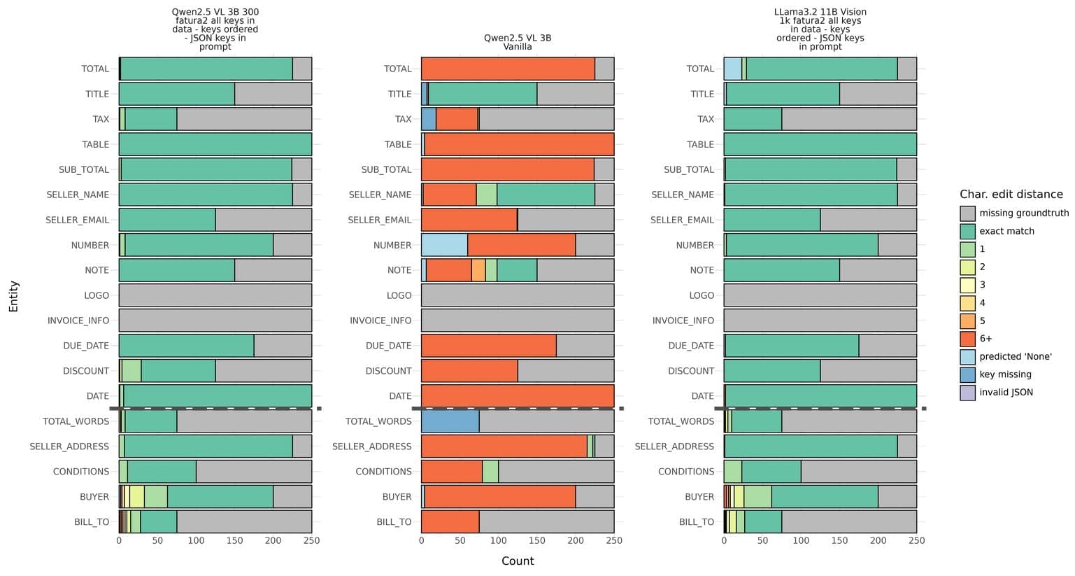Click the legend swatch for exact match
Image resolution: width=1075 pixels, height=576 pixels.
pos(967,231)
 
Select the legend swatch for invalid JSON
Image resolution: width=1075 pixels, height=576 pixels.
pos(967,393)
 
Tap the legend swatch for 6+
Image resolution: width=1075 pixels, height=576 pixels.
pos(967,339)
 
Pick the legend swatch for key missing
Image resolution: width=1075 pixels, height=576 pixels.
pos(967,374)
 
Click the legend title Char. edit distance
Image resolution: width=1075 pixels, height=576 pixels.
pos(1011,195)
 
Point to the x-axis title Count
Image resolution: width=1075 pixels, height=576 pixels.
pos(518,561)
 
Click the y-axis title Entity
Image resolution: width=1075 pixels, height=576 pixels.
pos(14,296)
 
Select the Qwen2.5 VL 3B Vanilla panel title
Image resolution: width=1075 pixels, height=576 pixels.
pos(518,42)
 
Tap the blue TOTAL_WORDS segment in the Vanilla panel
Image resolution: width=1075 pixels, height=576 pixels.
pos(450,421)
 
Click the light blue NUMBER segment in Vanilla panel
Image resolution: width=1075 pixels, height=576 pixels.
pos(444,245)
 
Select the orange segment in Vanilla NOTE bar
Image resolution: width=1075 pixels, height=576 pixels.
pos(478,270)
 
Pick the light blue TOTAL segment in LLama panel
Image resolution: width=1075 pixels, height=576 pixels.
pos(732,69)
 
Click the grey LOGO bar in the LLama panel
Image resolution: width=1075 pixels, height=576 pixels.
pos(820,295)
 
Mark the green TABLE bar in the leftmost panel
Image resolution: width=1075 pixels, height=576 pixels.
pos(215,144)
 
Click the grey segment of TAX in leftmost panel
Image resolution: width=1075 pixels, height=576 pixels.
pos(244,119)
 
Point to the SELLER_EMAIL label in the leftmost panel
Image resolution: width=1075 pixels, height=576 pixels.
pos(77,220)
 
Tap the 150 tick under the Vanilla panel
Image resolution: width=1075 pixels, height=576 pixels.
pos(537,541)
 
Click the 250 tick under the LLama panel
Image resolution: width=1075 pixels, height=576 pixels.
pos(916,541)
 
